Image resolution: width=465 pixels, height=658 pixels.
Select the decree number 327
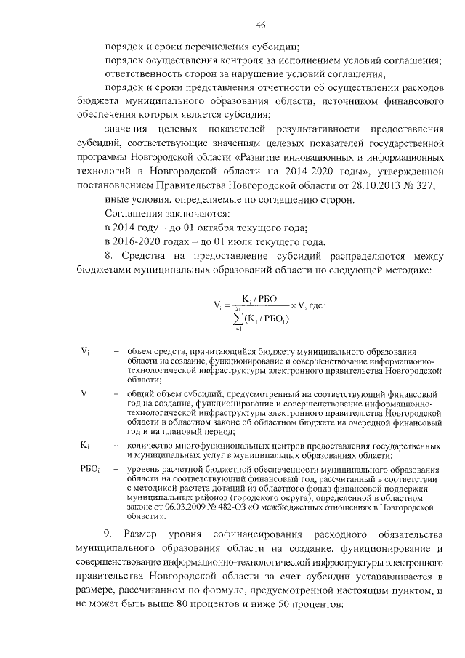(x=426, y=185)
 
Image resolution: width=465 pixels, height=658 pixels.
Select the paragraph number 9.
(x=109, y=536)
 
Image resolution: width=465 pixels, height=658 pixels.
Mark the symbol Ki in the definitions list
(x=85, y=444)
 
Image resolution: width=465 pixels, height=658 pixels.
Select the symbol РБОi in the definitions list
(x=90, y=469)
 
